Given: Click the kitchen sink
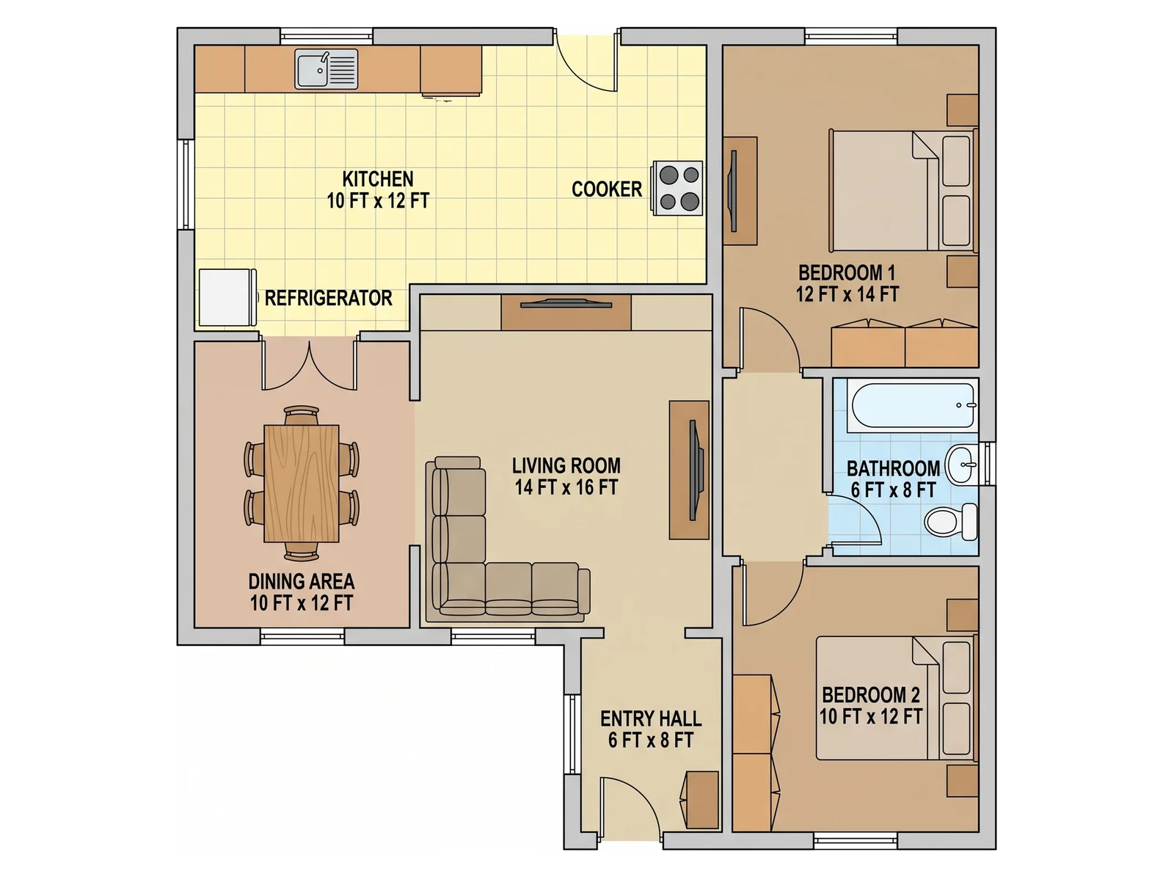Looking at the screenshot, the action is [x=327, y=69].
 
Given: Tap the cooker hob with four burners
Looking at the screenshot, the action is [x=677, y=188].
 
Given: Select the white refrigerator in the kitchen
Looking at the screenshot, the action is [x=227, y=297].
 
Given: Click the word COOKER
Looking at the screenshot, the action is [x=607, y=189].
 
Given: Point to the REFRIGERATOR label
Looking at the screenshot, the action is [x=329, y=298].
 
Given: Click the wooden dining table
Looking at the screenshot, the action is [x=302, y=484].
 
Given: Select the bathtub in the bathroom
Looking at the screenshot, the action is [x=911, y=405].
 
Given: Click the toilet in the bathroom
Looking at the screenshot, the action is [x=951, y=521].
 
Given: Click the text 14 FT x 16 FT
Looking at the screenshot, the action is [x=566, y=487].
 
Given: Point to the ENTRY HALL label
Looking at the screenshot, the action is [x=651, y=718].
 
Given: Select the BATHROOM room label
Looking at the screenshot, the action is [x=893, y=468].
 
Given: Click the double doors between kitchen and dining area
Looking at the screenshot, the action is [x=309, y=365].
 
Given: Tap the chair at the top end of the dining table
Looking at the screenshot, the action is [x=302, y=415].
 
